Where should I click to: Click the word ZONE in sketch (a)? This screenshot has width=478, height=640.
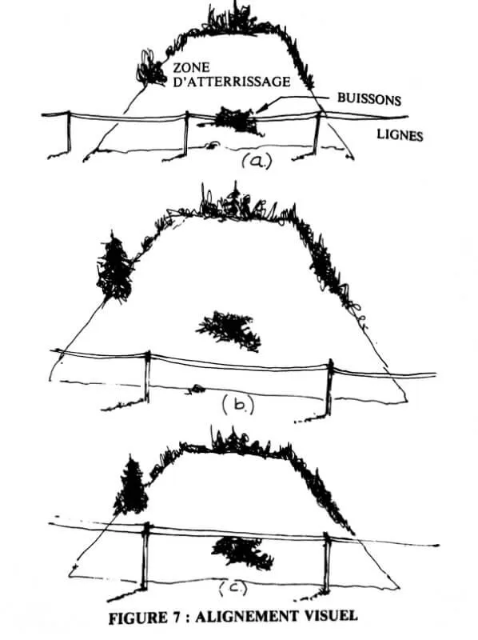pyautogui.click(x=191, y=67)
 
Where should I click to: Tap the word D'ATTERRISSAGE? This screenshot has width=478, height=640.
pyautogui.click(x=232, y=82)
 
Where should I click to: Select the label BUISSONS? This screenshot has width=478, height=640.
pyautogui.click(x=369, y=98)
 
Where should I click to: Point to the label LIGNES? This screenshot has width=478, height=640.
pyautogui.click(x=400, y=134)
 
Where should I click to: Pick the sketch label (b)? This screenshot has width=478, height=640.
pyautogui.click(x=238, y=406)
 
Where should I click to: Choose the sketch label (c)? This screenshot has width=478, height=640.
pyautogui.click(x=233, y=588)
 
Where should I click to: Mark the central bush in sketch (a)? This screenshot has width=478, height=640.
pyautogui.click(x=234, y=119)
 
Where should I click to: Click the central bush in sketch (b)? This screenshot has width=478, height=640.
pyautogui.click(x=229, y=329)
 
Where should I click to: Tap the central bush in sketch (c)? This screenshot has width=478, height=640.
pyautogui.click(x=243, y=552)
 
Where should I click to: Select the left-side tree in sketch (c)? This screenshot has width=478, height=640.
pyautogui.click(x=131, y=486)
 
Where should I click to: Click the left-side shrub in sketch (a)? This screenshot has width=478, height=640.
pyautogui.click(x=150, y=68)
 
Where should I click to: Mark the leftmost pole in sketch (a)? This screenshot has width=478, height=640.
pyautogui.click(x=69, y=131)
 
